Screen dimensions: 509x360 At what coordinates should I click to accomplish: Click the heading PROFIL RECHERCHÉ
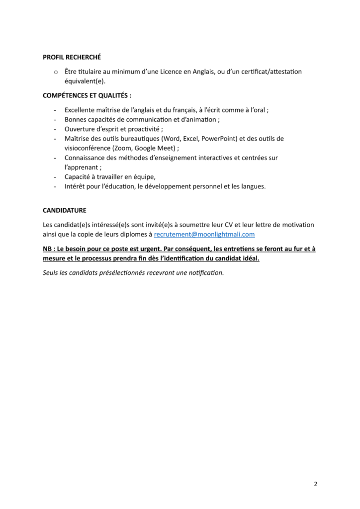coord(72,57)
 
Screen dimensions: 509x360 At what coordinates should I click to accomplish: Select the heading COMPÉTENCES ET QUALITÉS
coord(87,95)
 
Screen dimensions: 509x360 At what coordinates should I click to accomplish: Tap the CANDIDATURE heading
coord(65,210)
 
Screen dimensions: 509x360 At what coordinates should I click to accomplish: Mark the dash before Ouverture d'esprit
coord(54,129)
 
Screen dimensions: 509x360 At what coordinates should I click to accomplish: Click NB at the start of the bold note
coord(48,249)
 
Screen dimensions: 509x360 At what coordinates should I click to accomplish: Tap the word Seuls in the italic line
coord(51,272)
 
